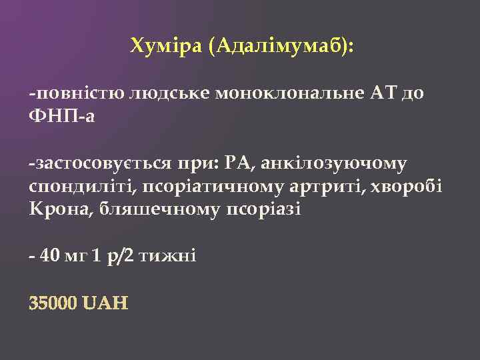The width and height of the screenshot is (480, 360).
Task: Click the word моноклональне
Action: (289, 94)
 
